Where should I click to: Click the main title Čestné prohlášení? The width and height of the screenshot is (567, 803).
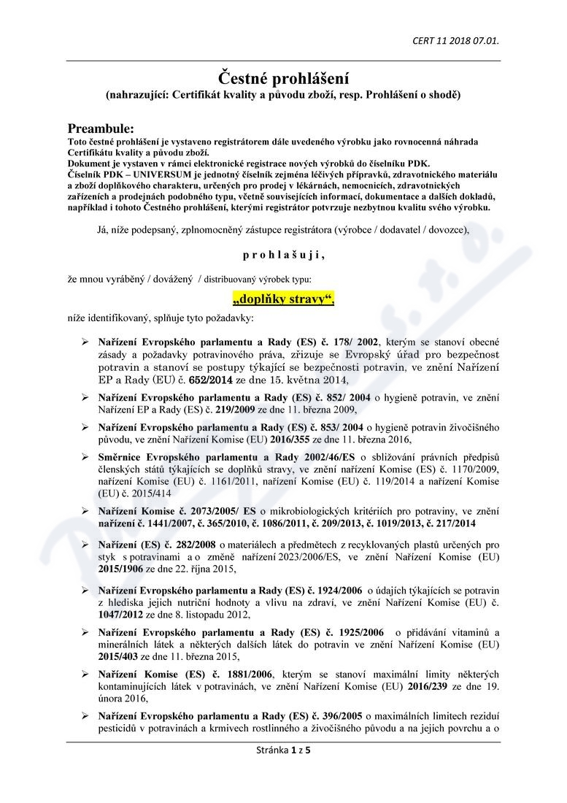pos(284,77)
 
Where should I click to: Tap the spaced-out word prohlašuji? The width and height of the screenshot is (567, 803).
pos(283,255)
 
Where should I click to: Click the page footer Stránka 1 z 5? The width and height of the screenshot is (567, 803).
pos(282,750)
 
